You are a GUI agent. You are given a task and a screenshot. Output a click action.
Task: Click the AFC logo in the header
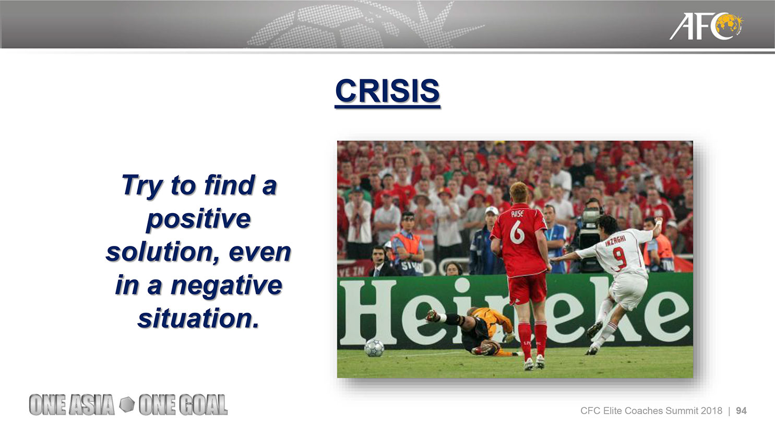pyautogui.click(x=706, y=26)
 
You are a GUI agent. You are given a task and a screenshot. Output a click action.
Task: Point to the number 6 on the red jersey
pyautogui.click(x=517, y=231)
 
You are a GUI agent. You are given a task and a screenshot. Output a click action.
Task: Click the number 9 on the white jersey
pyautogui.click(x=619, y=257)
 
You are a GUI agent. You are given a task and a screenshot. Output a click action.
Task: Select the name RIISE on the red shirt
pyautogui.click(x=517, y=214)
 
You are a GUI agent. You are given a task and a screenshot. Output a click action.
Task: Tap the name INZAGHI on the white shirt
pyautogui.click(x=615, y=240)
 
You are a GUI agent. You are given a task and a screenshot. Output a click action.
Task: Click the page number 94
pyautogui.click(x=741, y=411)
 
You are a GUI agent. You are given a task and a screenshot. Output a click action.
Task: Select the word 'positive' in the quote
pyautogui.click(x=198, y=220)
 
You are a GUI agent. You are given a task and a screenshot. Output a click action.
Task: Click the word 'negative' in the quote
pyautogui.click(x=226, y=286)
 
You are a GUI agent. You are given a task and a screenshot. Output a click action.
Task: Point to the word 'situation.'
pyautogui.click(x=198, y=319)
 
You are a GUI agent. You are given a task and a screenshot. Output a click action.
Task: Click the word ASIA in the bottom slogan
pyautogui.click(x=91, y=405)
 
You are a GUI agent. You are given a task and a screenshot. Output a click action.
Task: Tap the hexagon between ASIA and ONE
pyautogui.click(x=127, y=404)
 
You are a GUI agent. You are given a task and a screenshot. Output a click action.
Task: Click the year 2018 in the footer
pyautogui.click(x=712, y=411)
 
